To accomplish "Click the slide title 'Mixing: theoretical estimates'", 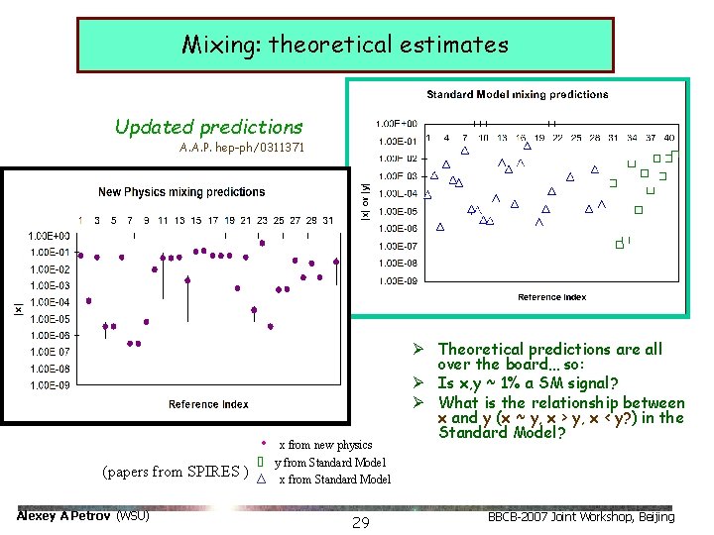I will tap(345, 45).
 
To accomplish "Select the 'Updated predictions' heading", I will tap(208, 127).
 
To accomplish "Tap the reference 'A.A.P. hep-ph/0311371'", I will tap(242, 148).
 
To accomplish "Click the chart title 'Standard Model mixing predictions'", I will tap(517, 95).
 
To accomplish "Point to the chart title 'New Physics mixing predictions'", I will tap(181, 191).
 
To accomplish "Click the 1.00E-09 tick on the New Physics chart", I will tap(48, 384).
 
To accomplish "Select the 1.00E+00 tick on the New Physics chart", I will tap(48, 236).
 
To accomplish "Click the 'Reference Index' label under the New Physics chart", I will tap(208, 404).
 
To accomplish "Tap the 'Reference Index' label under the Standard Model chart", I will tap(551, 297).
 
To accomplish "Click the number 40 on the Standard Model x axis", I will tap(669, 138).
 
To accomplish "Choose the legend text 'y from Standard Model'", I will tap(330, 463).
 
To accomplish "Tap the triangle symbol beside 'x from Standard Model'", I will tap(261, 480).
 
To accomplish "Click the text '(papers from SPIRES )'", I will tap(175, 471).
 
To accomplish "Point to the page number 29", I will tap(361, 522).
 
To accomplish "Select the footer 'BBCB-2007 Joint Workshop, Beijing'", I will tap(582, 516).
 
